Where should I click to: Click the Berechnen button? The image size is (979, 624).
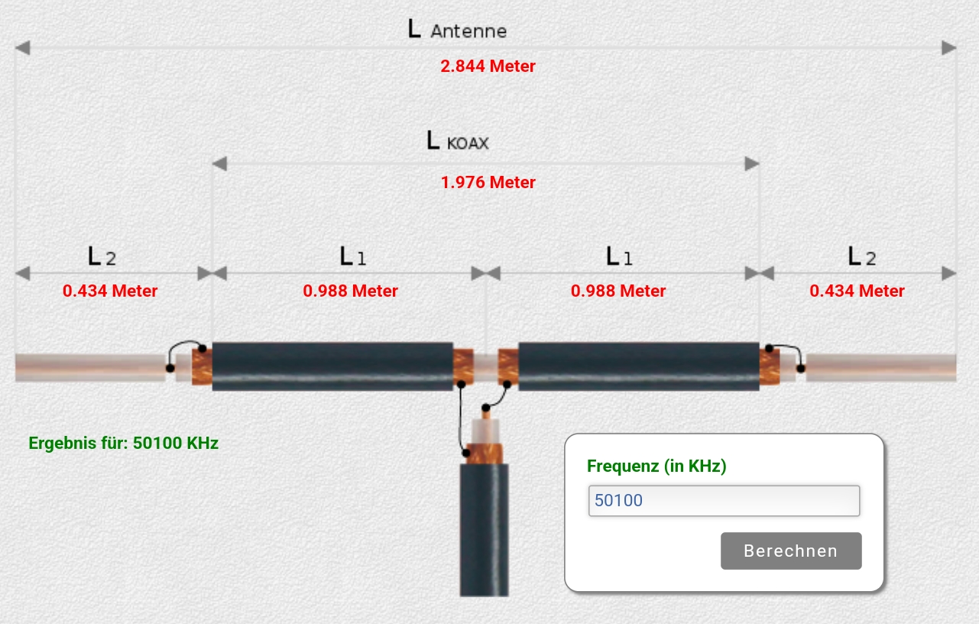click(791, 551)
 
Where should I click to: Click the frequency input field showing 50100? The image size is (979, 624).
click(724, 500)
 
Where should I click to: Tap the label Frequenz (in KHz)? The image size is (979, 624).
click(656, 466)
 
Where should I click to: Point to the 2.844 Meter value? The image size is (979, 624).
click(488, 66)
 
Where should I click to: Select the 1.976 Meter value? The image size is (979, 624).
click(488, 182)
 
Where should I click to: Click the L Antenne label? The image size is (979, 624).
click(457, 29)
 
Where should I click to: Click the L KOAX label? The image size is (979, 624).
click(457, 141)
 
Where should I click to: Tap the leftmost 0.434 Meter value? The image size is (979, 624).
click(110, 291)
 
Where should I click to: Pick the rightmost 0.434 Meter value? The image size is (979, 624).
click(857, 291)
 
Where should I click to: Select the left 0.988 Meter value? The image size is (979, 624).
click(350, 291)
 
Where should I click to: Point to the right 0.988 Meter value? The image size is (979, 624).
click(618, 291)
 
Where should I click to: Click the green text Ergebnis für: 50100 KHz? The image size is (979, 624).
click(123, 443)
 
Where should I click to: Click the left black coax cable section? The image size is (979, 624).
click(332, 366)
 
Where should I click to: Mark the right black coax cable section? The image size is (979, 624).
click(639, 366)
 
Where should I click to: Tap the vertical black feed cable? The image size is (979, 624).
click(484, 530)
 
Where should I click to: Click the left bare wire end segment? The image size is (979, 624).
click(90, 367)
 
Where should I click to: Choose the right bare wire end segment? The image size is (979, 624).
click(881, 367)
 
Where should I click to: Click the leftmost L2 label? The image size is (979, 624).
click(102, 256)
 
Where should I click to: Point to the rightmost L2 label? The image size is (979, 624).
click(862, 256)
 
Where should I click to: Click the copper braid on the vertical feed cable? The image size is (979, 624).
click(485, 454)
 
